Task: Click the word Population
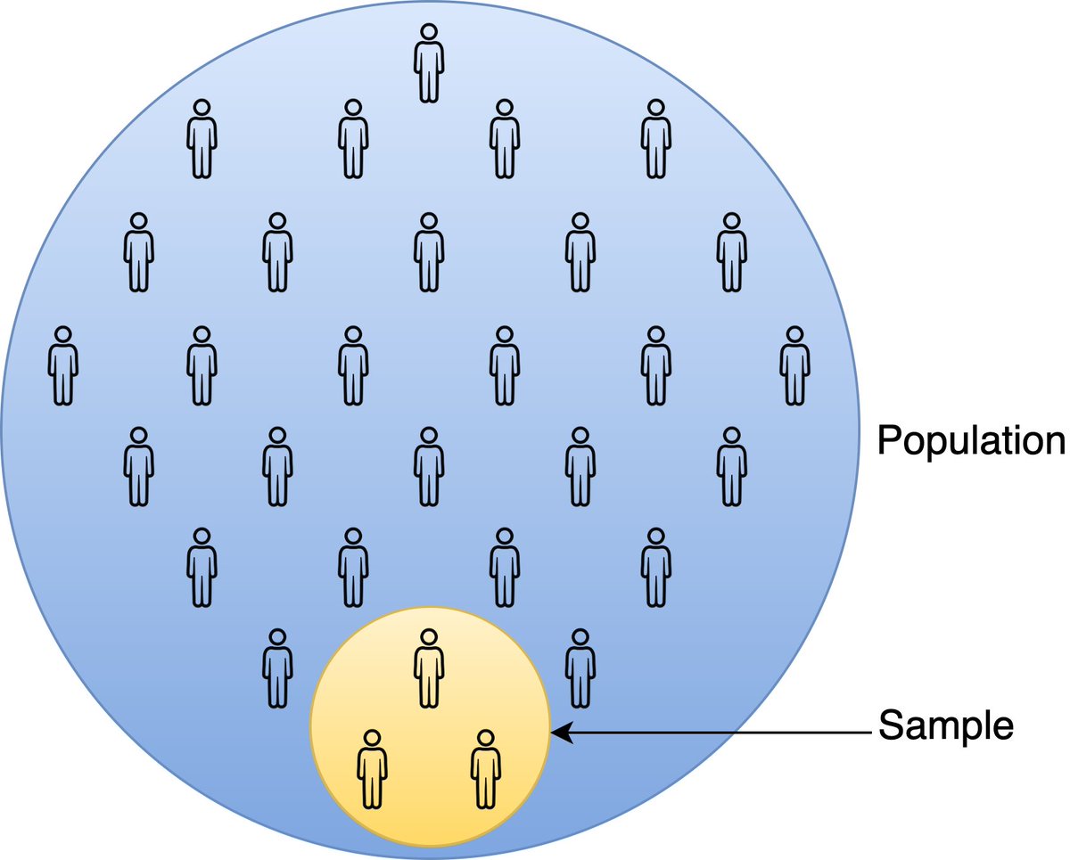[x=971, y=441]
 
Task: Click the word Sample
[x=946, y=727]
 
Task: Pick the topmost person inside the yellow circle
[x=429, y=668]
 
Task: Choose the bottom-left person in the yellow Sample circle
[x=372, y=768]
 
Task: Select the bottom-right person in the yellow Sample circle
[x=485, y=768]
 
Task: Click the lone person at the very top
[x=429, y=62]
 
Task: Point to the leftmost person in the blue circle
[x=62, y=365]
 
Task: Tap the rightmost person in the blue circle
[x=794, y=365]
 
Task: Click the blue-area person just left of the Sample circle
[x=277, y=668]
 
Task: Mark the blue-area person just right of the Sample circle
[x=580, y=668]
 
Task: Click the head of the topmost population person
[x=429, y=32]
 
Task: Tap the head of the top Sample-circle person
[x=429, y=638]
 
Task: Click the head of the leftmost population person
[x=62, y=335]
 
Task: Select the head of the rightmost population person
[x=794, y=335]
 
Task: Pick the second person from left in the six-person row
[x=202, y=365]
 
